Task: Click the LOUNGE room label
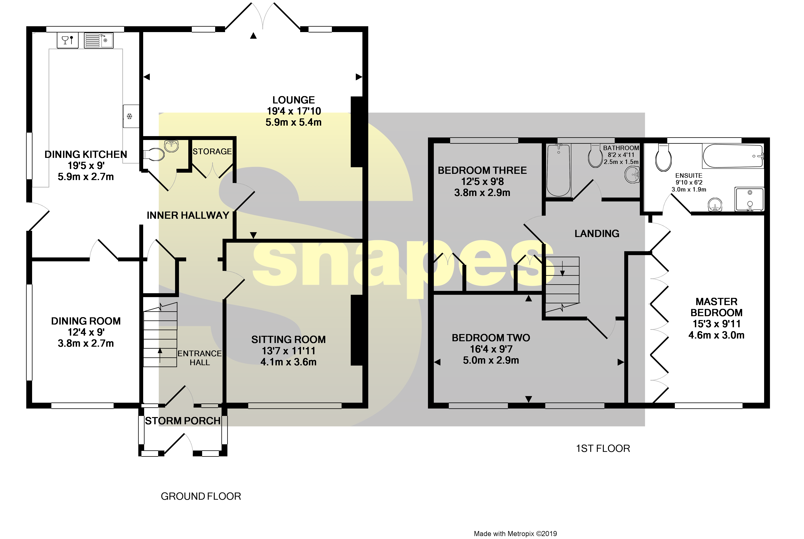(x=293, y=100)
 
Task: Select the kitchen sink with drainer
(x=99, y=40)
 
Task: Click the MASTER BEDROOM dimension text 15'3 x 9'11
(x=716, y=324)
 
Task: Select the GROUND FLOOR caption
(x=201, y=496)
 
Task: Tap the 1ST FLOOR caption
(x=603, y=449)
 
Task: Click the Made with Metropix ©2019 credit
(x=515, y=534)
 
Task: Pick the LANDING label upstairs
(x=597, y=234)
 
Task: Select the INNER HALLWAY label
(x=188, y=215)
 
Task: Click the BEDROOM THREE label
(x=482, y=171)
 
